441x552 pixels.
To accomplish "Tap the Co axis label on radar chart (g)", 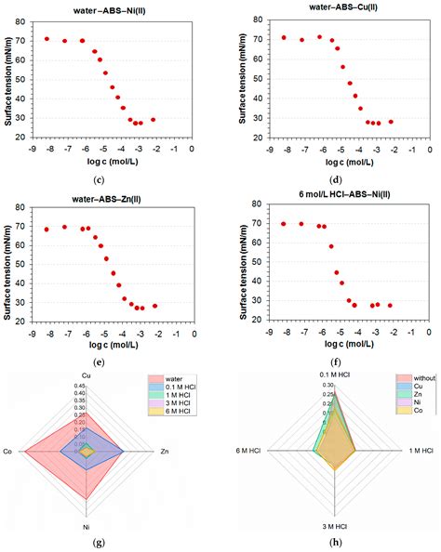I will [x=8, y=452].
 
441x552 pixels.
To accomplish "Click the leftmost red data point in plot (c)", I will [x=47, y=39].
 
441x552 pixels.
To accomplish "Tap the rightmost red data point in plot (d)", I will [x=391, y=122].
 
